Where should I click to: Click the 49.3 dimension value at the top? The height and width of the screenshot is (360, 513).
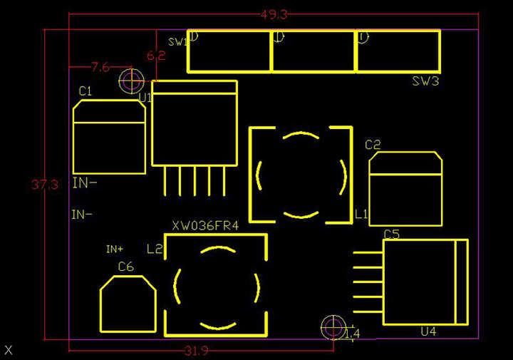pos(274,14)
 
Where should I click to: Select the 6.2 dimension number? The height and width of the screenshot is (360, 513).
pos(155,56)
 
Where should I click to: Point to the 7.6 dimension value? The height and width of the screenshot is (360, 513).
pos(100,68)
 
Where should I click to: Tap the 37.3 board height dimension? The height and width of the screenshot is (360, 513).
pos(44,185)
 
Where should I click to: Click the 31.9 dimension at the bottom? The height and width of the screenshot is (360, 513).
pos(196,351)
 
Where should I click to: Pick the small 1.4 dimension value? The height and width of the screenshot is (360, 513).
pos(352,334)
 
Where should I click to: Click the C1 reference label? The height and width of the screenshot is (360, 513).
pos(85,91)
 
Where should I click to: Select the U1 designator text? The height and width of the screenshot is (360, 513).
pos(145,97)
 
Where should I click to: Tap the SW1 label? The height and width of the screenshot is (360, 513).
pos(177,42)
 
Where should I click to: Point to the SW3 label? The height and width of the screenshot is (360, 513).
pos(425,81)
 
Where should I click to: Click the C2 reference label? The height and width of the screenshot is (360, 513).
pos(373,145)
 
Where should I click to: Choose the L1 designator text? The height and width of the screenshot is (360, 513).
pos(361,213)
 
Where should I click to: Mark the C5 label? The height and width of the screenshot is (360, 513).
pos(391,234)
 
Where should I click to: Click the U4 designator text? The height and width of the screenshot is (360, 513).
pos(427,331)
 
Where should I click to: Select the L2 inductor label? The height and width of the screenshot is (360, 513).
pos(155,249)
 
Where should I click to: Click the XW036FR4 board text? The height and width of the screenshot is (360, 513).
pos(204,226)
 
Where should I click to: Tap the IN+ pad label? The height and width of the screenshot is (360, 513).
pos(115,249)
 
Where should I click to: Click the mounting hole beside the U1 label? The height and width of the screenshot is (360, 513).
pos(131,81)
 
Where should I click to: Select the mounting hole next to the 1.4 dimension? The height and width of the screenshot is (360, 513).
pos(332,327)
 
